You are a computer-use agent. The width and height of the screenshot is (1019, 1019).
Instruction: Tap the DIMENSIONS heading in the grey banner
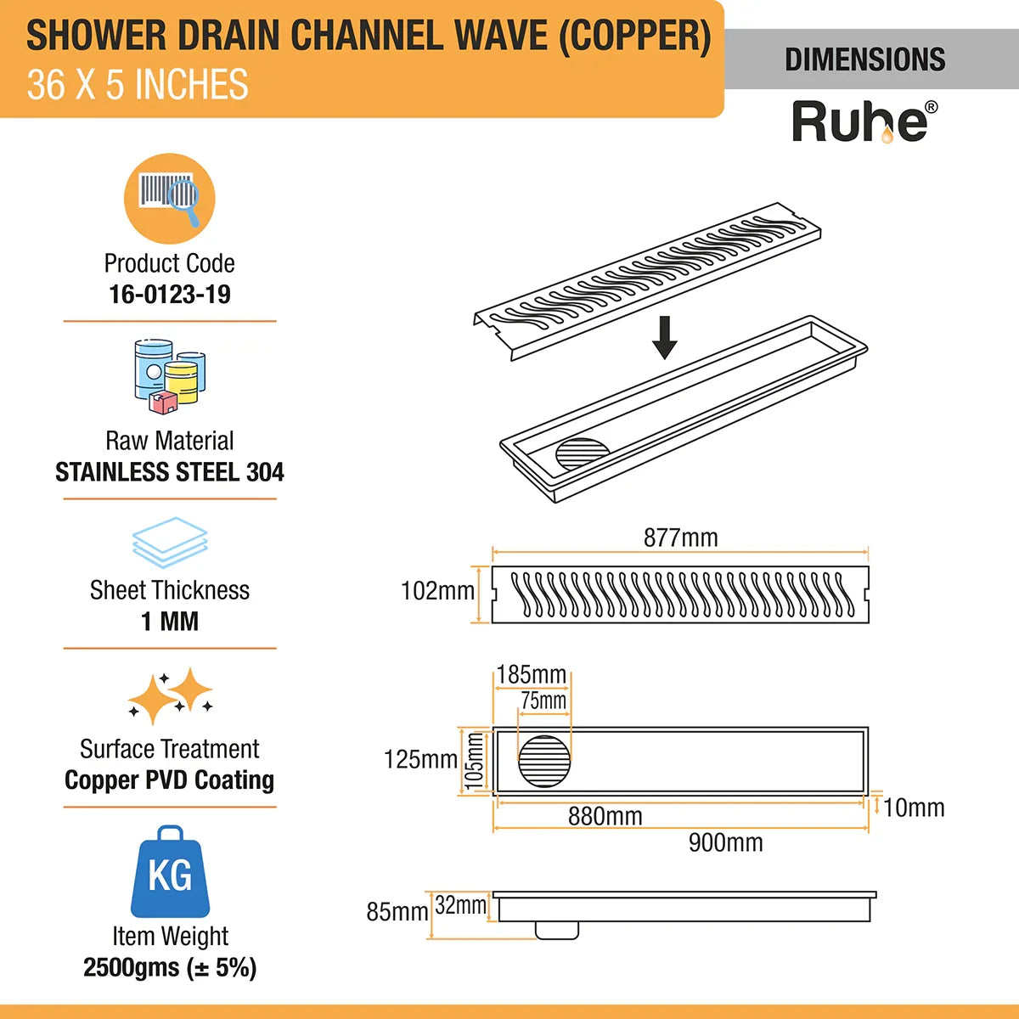pyautogui.click(x=864, y=59)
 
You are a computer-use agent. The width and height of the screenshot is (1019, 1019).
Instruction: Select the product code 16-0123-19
pyautogui.click(x=170, y=295)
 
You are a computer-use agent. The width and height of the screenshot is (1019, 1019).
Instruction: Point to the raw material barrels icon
pyautogui.click(x=170, y=376)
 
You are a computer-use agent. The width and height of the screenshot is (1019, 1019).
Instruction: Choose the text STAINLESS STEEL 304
pyautogui.click(x=170, y=472)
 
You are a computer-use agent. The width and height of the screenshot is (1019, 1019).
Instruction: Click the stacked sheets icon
pyautogui.click(x=170, y=543)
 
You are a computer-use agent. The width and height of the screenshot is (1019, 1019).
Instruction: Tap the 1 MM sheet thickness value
pyautogui.click(x=170, y=622)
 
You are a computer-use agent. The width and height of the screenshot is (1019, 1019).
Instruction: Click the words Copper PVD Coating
pyautogui.click(x=170, y=780)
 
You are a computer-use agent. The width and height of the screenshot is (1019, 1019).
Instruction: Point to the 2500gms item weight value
pyautogui.click(x=170, y=968)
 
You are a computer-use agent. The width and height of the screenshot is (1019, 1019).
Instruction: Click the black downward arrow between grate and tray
pyautogui.click(x=665, y=337)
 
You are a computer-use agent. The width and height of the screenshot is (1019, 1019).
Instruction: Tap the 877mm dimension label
pyautogui.click(x=680, y=538)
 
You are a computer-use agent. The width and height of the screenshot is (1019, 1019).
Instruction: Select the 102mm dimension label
pyautogui.click(x=437, y=591)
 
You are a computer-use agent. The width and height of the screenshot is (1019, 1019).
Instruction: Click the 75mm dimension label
pyautogui.click(x=543, y=701)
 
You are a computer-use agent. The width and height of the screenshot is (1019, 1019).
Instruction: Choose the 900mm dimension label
pyautogui.click(x=725, y=842)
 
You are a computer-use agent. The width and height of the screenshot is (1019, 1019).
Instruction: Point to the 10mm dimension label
pyautogui.click(x=914, y=808)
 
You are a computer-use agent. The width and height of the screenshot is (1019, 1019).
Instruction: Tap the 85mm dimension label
pyautogui.click(x=397, y=912)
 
